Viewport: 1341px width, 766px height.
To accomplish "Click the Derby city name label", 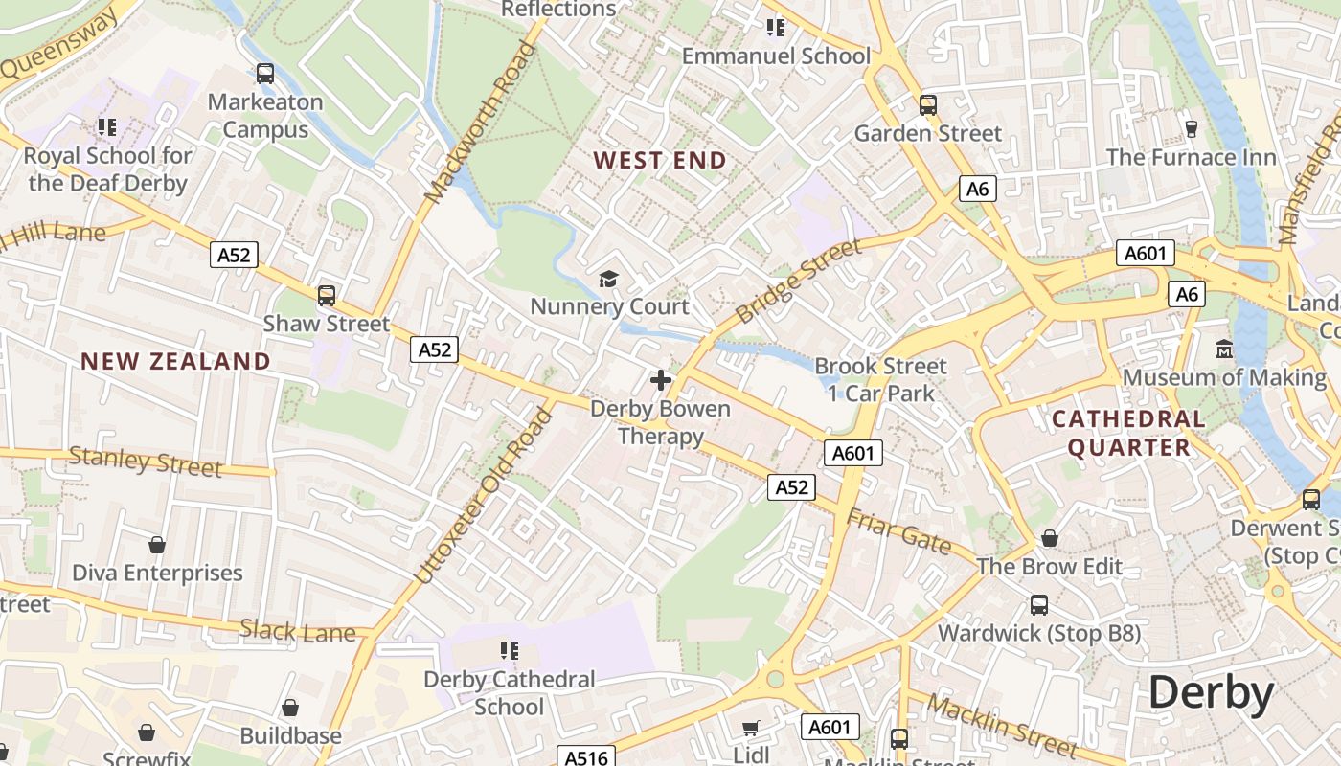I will tap(1211, 692).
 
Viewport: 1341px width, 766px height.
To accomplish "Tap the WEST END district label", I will tap(660, 160).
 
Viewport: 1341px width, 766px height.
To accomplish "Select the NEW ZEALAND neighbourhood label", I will tap(175, 361).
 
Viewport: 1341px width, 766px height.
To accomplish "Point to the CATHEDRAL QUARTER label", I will tap(1128, 433).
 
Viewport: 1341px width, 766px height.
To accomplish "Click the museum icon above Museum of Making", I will tap(1224, 349).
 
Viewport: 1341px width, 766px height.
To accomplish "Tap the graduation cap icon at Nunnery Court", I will tap(609, 279).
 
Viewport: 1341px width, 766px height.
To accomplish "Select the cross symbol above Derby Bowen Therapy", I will tap(660, 380).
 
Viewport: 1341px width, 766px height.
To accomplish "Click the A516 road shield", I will tap(586, 757).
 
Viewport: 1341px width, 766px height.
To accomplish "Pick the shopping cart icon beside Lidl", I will tap(751, 729).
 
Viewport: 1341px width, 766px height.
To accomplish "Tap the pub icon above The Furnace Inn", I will tap(1192, 128).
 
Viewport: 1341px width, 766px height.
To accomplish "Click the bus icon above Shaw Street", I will tap(327, 296).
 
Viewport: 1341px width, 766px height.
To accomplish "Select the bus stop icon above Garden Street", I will tap(927, 105).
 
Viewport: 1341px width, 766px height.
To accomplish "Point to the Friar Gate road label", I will tap(898, 531).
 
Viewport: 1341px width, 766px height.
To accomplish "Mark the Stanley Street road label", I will tap(146, 462).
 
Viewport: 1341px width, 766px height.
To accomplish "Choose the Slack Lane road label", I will tap(297, 631).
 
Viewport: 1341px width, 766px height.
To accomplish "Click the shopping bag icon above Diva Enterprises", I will tap(157, 545).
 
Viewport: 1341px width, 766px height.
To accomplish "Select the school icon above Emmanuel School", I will tap(776, 28).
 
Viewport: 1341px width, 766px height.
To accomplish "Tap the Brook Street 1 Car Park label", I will tap(879, 379).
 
